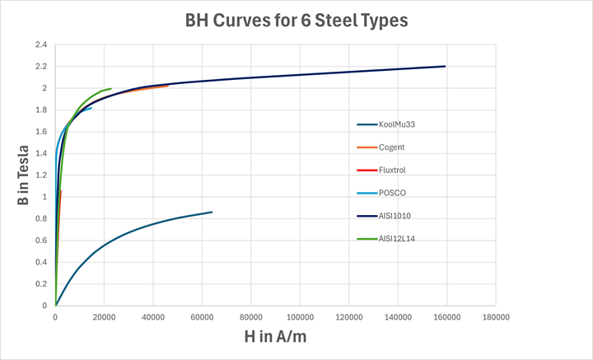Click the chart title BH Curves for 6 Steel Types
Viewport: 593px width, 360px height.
point(296,21)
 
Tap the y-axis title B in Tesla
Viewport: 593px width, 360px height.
point(24,175)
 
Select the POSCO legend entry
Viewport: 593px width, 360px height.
point(393,193)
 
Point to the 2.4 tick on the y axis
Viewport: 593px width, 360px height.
point(40,44)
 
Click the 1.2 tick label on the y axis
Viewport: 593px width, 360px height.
point(40,175)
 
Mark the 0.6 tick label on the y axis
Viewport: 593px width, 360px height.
point(40,241)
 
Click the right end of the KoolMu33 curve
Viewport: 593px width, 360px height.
point(212,212)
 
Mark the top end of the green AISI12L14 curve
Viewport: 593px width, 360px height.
point(110,88)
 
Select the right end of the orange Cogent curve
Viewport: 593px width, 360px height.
point(168,85)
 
